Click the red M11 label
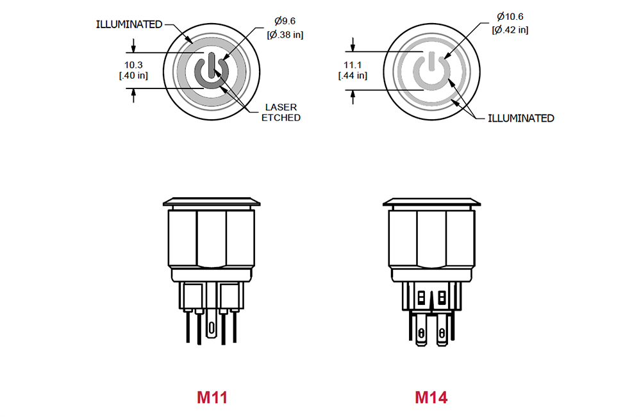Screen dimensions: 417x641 (212, 398)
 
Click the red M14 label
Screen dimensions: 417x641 (431, 398)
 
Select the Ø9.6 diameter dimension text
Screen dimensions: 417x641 (285, 22)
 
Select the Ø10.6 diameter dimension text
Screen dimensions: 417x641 (510, 17)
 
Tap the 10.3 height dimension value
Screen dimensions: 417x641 (133, 65)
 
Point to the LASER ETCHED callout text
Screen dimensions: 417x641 (280, 112)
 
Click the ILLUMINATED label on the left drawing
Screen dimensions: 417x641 (129, 24)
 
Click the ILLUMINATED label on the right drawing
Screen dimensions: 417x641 (520, 119)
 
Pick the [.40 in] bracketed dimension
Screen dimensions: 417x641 (133, 76)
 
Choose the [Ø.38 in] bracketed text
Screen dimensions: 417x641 (285, 34)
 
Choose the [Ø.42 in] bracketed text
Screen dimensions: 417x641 (510, 29)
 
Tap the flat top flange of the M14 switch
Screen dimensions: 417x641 (431, 202)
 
